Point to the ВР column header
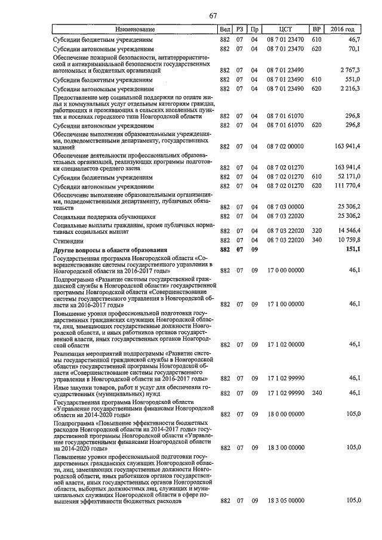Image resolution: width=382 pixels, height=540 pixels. click(x=316, y=29)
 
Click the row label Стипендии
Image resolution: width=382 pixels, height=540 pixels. click(x=69, y=240)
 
